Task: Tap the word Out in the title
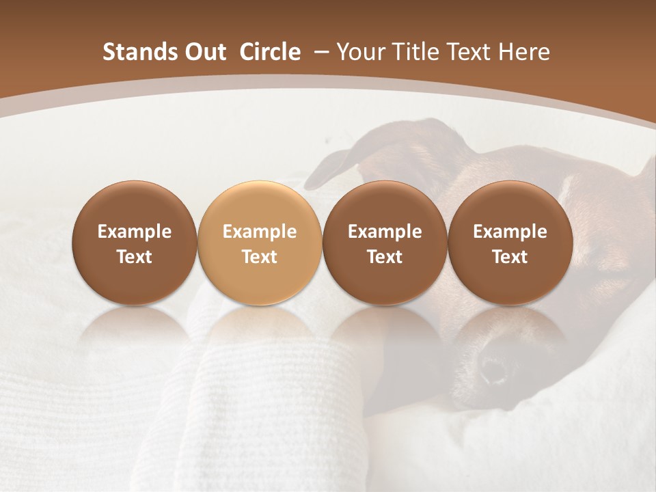[x=204, y=52]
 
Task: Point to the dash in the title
[x=318, y=52]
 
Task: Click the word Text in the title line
[x=470, y=52]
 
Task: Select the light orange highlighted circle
[x=260, y=242]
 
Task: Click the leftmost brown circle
[x=135, y=242]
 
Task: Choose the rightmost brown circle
[x=510, y=242]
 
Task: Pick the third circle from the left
[x=385, y=242]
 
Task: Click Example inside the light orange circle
[x=260, y=232]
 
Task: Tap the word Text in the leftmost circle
[x=135, y=257]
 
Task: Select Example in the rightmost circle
[x=510, y=232]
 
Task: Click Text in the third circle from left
[x=385, y=257]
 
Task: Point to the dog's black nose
[x=492, y=369]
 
